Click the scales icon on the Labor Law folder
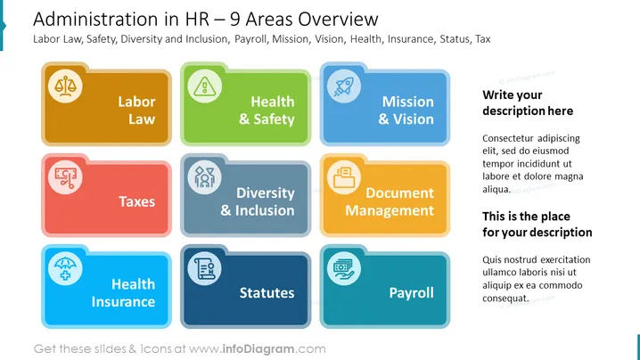point(65,86)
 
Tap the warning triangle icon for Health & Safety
point(204,86)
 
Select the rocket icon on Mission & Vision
point(344,86)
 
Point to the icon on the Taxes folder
point(65,177)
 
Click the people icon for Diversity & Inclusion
point(204,177)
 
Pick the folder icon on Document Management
point(344,177)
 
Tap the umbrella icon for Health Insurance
point(65,268)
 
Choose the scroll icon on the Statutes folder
point(204,268)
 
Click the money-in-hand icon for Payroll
point(344,268)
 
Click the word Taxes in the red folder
point(136,201)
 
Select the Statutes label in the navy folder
point(267,292)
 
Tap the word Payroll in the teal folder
point(411,293)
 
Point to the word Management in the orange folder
point(390,210)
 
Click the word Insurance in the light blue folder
point(123,301)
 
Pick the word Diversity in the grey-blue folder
point(266,193)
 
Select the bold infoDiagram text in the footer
point(258,349)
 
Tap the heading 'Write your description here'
point(528,102)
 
